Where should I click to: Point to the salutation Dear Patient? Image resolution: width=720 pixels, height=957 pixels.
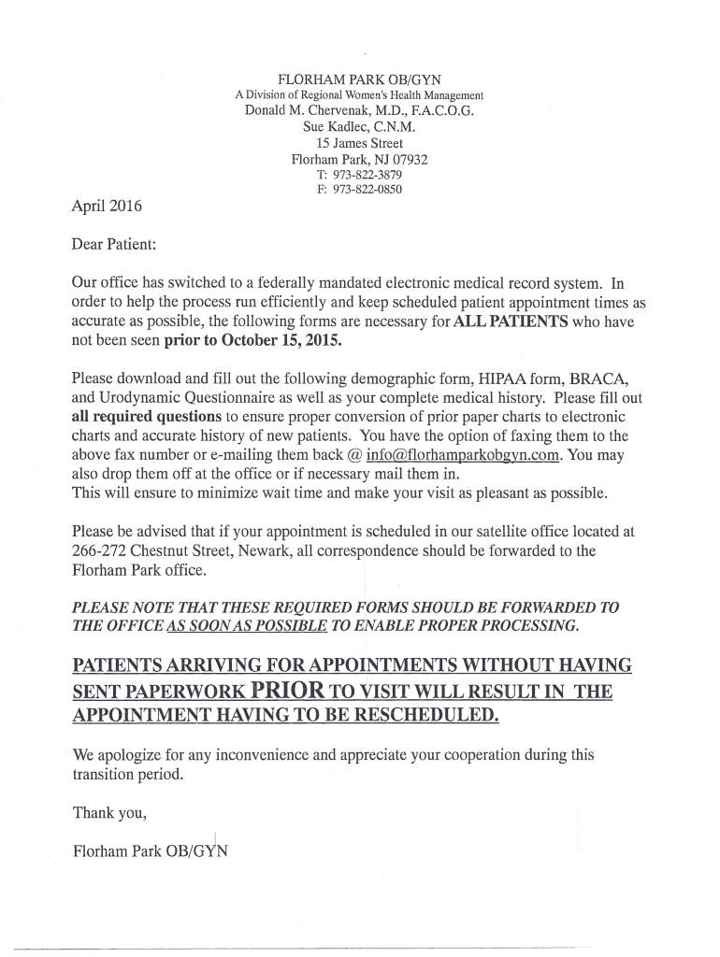tap(114, 244)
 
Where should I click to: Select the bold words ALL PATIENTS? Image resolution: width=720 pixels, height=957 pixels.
tap(511, 321)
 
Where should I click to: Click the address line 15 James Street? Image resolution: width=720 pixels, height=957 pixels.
tap(359, 143)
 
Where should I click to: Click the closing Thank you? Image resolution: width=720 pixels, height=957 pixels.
tap(109, 812)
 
